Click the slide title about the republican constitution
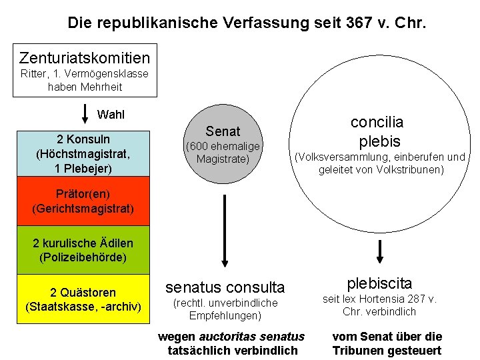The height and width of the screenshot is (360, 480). (247, 23)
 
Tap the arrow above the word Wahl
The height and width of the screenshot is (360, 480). (85, 114)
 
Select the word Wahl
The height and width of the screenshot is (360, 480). (111, 114)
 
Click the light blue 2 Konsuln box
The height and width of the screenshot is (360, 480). (84, 153)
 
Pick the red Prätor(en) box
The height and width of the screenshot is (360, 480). (84, 201)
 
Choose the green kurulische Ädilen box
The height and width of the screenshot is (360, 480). (84, 250)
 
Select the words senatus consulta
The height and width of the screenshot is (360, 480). (225, 287)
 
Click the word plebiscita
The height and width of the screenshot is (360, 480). (379, 283)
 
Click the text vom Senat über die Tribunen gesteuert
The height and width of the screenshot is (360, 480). (387, 343)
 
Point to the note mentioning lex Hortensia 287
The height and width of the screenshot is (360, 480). (379, 305)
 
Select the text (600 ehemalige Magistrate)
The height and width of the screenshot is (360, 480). (223, 153)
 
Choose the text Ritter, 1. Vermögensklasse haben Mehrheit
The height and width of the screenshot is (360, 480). (85, 80)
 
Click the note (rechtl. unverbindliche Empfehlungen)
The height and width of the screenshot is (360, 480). (225, 309)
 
